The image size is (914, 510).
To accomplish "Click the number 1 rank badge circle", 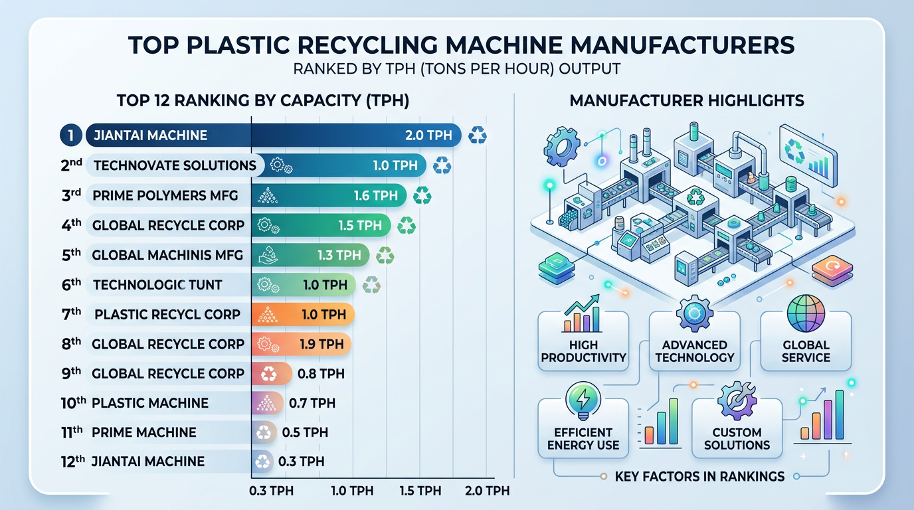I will (x=70, y=135).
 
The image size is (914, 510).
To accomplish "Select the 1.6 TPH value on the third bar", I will (x=376, y=195).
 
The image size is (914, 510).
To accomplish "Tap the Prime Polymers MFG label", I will (x=165, y=195).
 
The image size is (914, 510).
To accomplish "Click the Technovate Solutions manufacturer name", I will (x=175, y=165).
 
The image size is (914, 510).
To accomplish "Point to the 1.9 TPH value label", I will (x=322, y=344).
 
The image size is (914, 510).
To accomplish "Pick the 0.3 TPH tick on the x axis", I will (x=270, y=491).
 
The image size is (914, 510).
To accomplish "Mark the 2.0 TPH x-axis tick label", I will (x=487, y=491).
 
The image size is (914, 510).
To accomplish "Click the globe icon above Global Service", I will (x=805, y=314).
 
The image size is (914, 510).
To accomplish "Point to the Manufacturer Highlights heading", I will (x=687, y=101).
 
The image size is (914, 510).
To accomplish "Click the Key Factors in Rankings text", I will (x=699, y=476).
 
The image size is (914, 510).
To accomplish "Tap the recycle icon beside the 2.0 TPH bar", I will (x=477, y=135).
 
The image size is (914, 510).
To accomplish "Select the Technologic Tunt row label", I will (x=157, y=285).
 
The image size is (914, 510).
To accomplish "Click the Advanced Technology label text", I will (x=694, y=351).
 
